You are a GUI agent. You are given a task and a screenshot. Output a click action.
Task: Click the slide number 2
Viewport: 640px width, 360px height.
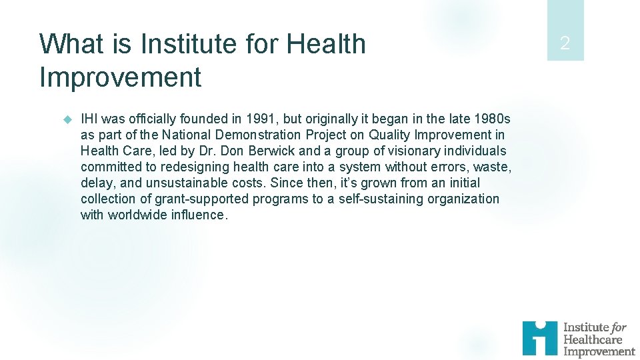point(565,44)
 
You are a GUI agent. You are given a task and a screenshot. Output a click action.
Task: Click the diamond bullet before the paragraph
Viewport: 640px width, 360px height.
point(67,119)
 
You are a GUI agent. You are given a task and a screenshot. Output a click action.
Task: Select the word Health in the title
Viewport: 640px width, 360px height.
point(326,45)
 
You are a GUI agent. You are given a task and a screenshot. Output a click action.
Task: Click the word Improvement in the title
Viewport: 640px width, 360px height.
point(120,77)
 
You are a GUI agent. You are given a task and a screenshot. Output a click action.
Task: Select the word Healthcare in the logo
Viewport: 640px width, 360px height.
point(593,339)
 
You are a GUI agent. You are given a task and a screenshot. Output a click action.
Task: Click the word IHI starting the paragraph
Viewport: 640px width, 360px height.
point(90,119)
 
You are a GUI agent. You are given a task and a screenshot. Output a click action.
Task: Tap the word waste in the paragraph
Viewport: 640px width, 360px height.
point(491,167)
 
